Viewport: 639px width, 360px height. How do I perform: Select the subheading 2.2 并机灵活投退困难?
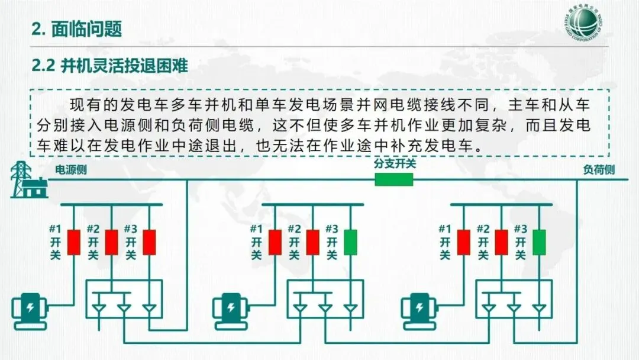point(109,66)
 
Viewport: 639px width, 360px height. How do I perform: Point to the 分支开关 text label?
point(394,163)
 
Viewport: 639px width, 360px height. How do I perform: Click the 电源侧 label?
point(70,170)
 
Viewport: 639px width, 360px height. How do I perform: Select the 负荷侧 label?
point(598,170)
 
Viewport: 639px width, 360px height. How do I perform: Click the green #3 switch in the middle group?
point(351,242)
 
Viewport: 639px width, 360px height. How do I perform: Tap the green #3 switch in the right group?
point(539,242)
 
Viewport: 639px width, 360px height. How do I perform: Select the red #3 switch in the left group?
point(149,242)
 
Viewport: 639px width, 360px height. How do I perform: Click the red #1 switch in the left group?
point(73,242)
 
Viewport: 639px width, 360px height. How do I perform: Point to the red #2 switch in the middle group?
point(313,242)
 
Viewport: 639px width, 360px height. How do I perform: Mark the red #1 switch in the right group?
point(463,242)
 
